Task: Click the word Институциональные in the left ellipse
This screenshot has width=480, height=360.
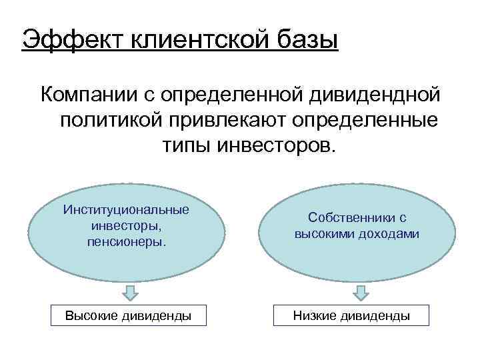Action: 126,210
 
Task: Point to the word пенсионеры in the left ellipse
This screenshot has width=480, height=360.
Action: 126,241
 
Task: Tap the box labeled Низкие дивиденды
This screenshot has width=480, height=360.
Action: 351,315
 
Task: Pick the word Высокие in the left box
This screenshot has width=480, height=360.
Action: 91,315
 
